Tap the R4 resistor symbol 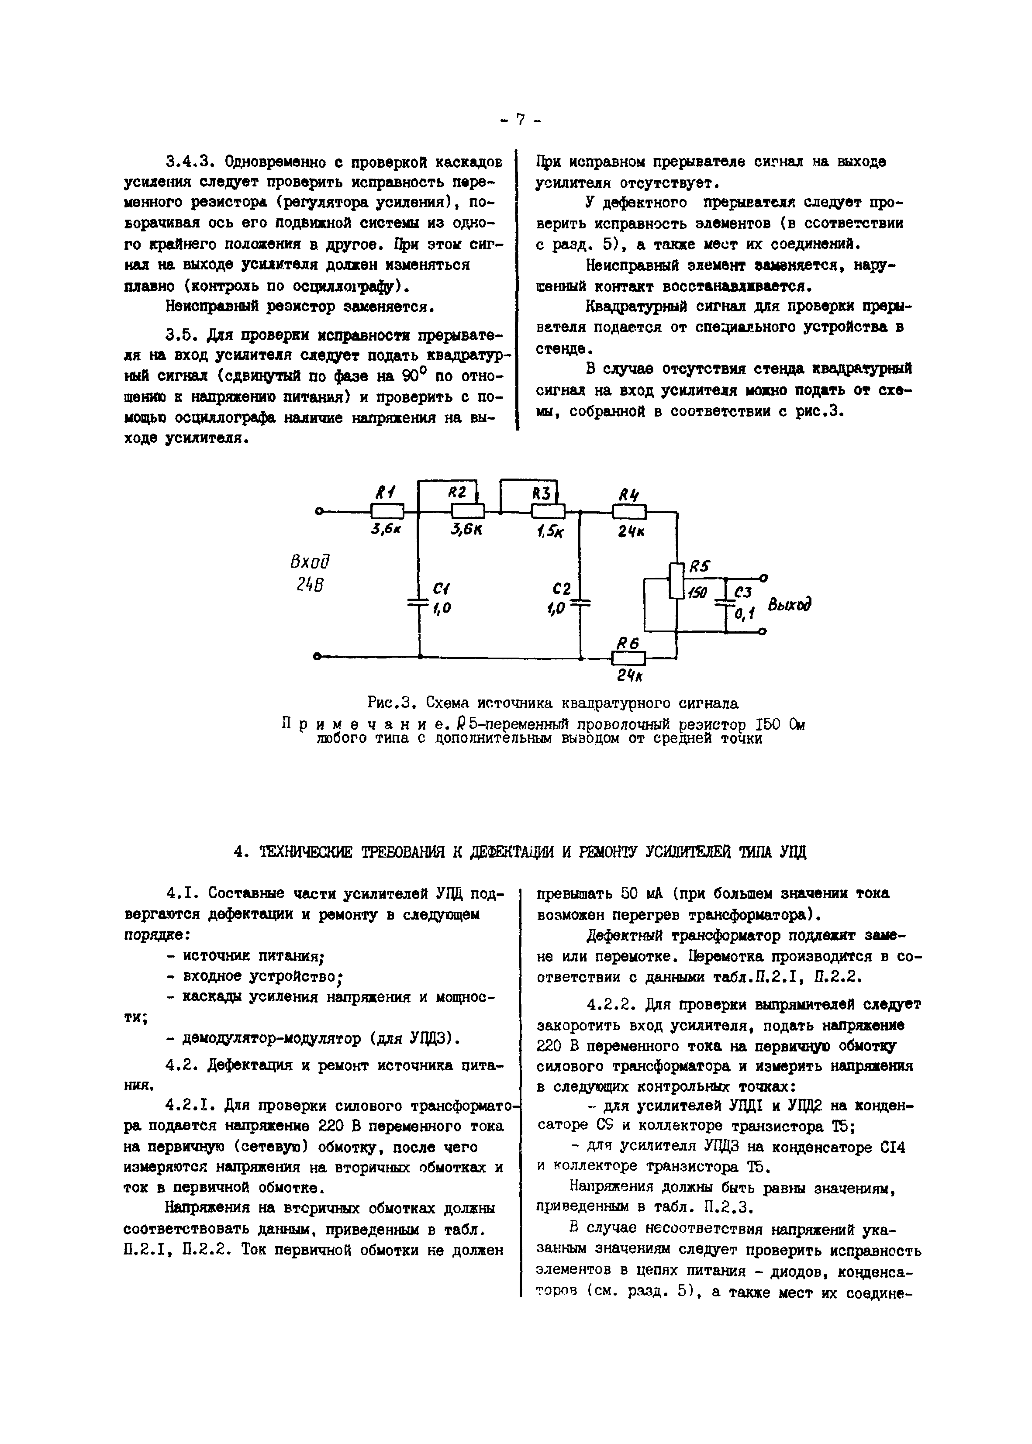[629, 511]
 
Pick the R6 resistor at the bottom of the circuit [628, 658]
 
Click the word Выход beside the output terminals [790, 604]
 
